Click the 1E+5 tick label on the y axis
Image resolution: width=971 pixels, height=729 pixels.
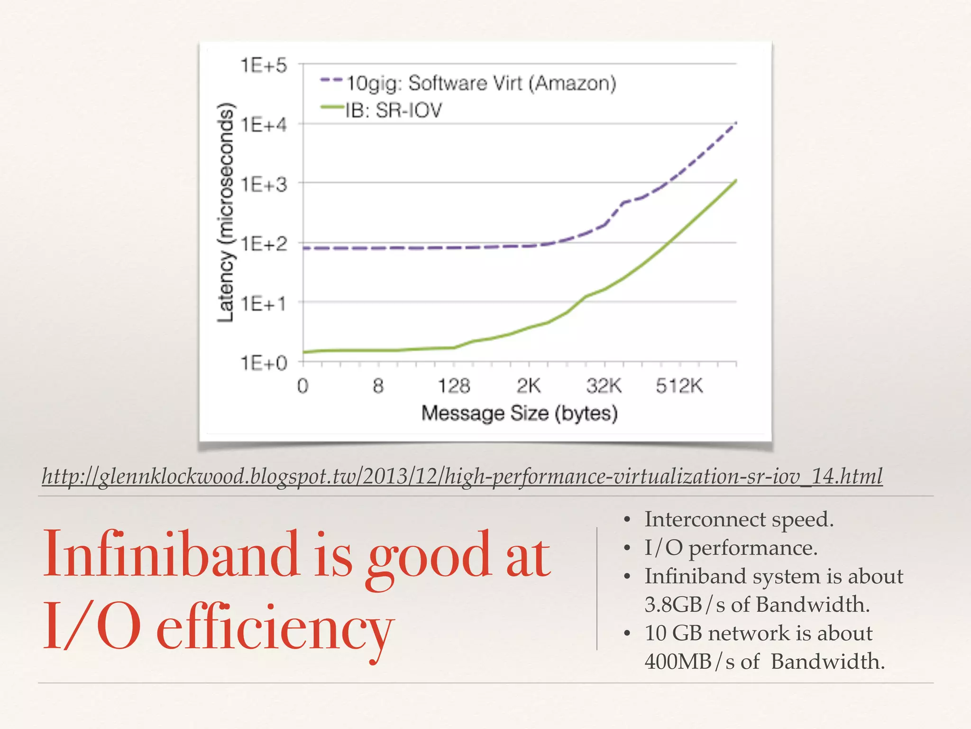coord(264,65)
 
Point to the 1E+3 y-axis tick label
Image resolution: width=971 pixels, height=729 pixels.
coord(264,184)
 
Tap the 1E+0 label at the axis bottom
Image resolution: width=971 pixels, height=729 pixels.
coord(264,363)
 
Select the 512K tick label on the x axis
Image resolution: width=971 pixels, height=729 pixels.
coord(679,386)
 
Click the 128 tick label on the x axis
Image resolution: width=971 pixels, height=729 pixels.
coord(453,386)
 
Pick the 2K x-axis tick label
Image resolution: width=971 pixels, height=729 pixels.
coord(528,386)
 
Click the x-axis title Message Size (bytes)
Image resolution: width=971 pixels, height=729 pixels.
coord(519,413)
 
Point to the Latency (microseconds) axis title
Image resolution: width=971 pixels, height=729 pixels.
coord(226,212)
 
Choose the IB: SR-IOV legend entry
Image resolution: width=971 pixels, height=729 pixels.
coord(393,111)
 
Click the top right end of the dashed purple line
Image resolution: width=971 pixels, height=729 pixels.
coord(735,123)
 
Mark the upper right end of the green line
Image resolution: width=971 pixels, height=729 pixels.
coord(735,181)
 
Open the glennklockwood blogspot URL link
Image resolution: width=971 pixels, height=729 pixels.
coord(462,476)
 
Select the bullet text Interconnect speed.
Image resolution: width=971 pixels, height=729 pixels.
coord(738,519)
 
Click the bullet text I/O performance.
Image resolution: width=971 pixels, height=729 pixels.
coord(731,548)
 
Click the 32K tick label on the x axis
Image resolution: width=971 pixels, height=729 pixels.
coord(604,386)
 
